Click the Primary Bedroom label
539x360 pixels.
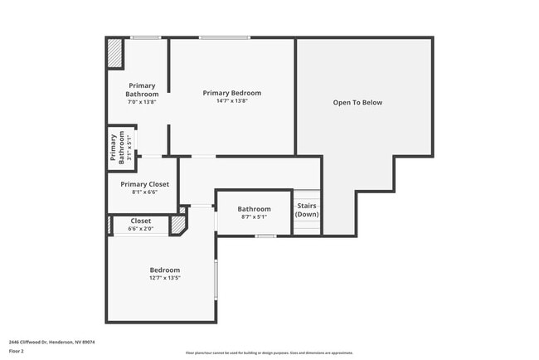(x=232, y=93)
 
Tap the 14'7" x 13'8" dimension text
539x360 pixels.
(x=232, y=101)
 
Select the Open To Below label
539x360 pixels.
(x=357, y=103)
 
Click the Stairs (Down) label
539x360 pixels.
(x=307, y=210)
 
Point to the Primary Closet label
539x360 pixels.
(x=144, y=184)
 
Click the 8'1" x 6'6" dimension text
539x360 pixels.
(x=144, y=192)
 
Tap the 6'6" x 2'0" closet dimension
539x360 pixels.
(x=140, y=229)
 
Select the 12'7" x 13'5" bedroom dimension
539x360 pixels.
(x=164, y=279)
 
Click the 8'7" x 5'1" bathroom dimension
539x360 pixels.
(x=254, y=217)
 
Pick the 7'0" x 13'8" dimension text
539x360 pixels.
(x=142, y=102)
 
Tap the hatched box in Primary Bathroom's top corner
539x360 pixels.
(x=114, y=54)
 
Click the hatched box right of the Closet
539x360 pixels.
(x=177, y=225)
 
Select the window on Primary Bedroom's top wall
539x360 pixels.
(x=224, y=37)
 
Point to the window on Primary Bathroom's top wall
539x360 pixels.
(x=146, y=37)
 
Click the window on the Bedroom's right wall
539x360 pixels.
(x=216, y=280)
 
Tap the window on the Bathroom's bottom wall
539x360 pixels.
(x=265, y=236)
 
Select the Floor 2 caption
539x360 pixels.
(x=17, y=351)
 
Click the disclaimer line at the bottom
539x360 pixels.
(x=269, y=352)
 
